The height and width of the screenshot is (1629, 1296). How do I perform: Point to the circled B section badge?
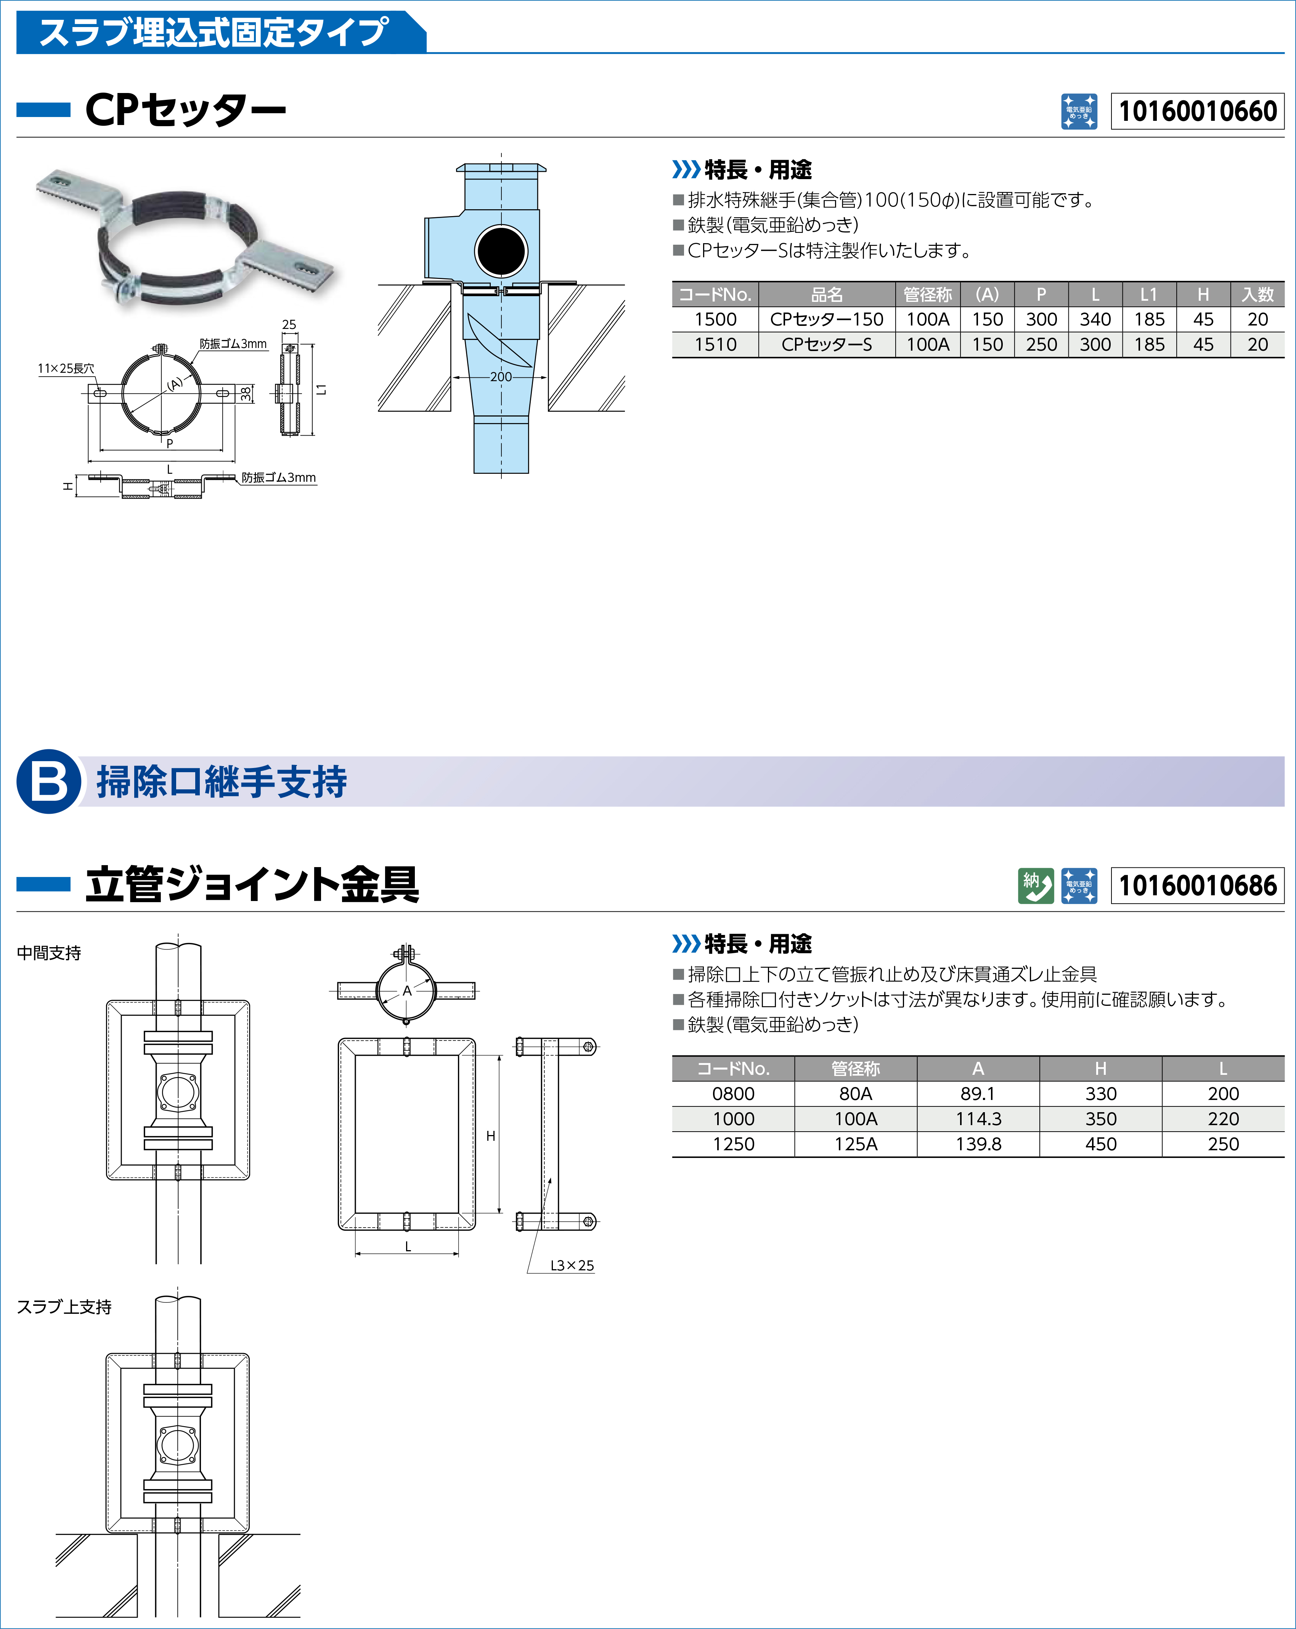[48, 781]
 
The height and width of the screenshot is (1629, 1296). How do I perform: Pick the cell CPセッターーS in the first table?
[827, 345]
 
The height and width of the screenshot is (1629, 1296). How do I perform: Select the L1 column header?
[1149, 295]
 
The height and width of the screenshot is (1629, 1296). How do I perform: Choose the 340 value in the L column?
[1095, 320]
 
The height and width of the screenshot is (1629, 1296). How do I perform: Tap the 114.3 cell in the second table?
[978, 1119]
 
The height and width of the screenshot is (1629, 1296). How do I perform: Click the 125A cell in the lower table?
[856, 1144]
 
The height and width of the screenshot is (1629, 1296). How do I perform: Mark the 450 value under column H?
[1100, 1144]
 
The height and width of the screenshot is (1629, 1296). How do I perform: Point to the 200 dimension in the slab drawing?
[500, 376]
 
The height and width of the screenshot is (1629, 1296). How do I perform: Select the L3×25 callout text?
[572, 1265]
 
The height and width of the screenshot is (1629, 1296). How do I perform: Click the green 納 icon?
[1035, 885]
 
